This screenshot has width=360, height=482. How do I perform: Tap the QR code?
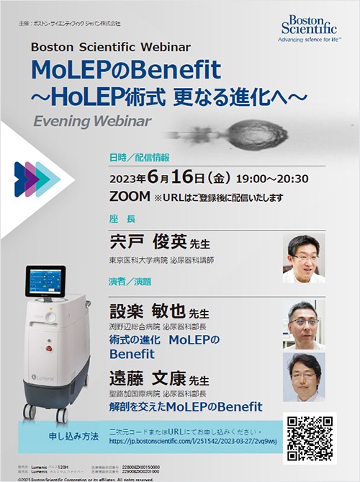[x=310, y=437]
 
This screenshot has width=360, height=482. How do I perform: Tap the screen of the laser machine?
[x=45, y=282]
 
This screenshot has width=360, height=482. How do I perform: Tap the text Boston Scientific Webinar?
[x=111, y=48]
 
